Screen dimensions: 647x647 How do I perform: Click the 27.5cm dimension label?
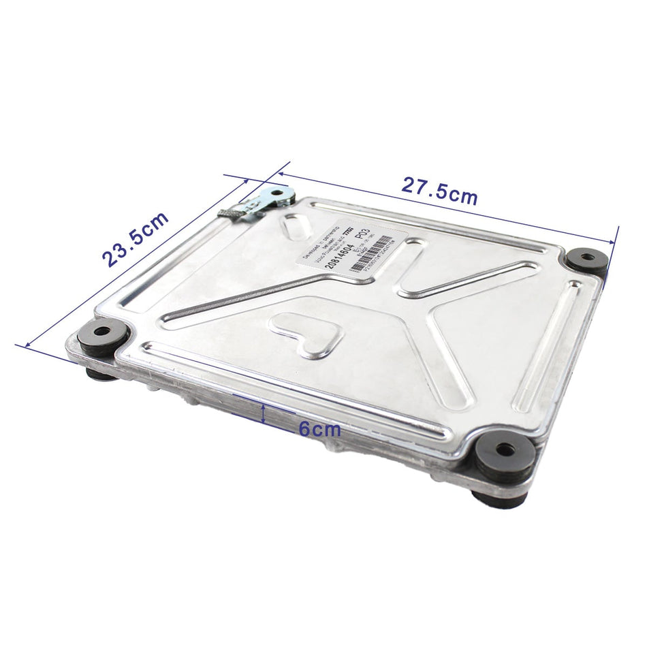[439, 191]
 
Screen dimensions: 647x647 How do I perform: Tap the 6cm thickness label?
[319, 429]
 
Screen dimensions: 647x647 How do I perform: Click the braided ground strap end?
[230, 212]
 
